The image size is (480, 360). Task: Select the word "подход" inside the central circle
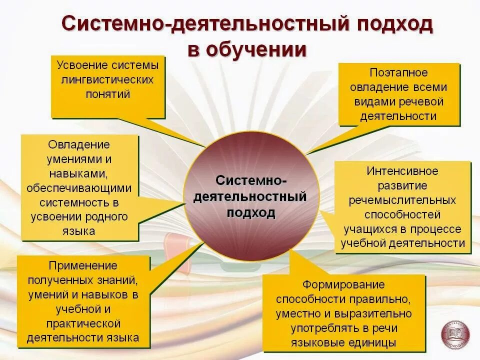point(251,212)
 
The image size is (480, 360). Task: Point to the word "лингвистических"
point(107,80)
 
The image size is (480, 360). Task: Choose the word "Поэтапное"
point(399,73)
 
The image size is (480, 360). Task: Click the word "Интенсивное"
point(402,171)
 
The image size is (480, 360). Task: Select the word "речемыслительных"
point(402,200)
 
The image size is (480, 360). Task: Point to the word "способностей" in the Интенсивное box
point(402,214)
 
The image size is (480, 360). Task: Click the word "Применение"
point(83,265)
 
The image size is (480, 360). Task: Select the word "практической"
point(83,323)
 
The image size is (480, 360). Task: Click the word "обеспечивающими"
point(79,188)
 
